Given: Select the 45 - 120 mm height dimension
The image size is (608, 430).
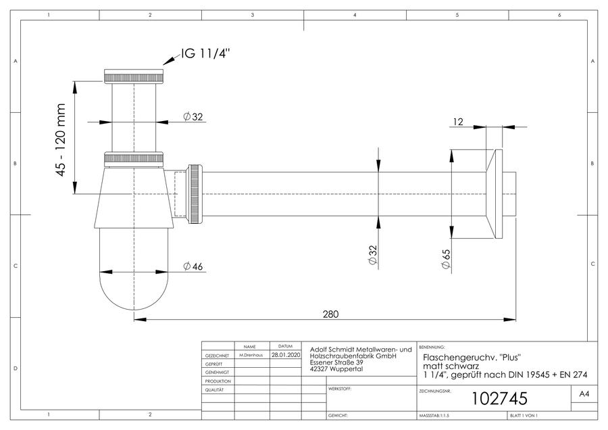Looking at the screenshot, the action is pyautogui.click(x=61, y=140).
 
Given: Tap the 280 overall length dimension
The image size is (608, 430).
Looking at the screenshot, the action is pyautogui.click(x=330, y=314).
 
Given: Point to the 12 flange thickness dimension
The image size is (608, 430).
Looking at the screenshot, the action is pyautogui.click(x=458, y=122).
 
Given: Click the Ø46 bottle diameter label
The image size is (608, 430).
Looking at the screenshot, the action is pyautogui.click(x=193, y=266).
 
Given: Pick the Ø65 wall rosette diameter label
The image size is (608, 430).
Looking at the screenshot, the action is pyautogui.click(x=446, y=259).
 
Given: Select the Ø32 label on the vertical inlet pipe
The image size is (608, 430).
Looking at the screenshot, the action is pyautogui.click(x=193, y=116).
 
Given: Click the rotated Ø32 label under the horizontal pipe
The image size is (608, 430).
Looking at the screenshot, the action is pyautogui.click(x=372, y=255).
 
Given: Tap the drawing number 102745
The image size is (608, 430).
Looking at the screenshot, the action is pyautogui.click(x=499, y=399).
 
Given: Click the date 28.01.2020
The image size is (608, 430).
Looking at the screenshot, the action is pyautogui.click(x=285, y=355).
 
